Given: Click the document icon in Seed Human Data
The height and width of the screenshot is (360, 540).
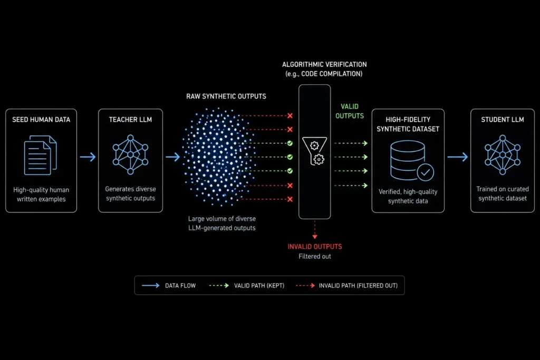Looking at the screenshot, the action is tap(40, 155).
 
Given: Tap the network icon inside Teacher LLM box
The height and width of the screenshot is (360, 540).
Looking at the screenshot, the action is tap(131, 154).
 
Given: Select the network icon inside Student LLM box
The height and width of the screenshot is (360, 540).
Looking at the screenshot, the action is tap(503, 154).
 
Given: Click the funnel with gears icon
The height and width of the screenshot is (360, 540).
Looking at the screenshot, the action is tap(315, 151).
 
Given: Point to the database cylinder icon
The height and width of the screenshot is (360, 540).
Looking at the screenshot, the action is tap(408, 160).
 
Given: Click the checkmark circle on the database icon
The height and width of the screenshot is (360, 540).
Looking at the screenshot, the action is tap(426, 172).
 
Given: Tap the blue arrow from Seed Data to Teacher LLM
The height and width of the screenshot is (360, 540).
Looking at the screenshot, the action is tap(88, 157).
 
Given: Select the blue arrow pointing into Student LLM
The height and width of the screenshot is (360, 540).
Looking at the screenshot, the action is tap(458, 157).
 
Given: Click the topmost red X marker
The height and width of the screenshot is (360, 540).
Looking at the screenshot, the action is tap(290, 115).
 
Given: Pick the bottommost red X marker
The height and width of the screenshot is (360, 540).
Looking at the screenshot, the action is tap(290, 199).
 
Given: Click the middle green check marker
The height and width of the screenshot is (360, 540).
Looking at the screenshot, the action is tap(290, 157).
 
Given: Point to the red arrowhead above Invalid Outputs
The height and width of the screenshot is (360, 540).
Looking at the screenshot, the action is tap(315, 237).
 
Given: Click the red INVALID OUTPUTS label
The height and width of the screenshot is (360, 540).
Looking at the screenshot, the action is tap(315, 247).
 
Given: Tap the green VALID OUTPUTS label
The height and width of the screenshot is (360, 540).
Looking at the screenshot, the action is tap(350, 111).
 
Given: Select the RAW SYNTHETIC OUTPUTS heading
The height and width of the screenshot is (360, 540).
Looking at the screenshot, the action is tap(226, 96).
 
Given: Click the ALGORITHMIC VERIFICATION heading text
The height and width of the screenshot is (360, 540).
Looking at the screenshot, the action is tap(324, 64).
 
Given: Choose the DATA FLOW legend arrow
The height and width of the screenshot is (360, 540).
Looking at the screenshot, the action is tap(151, 285).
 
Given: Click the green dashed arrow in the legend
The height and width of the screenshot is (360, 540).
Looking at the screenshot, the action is tap(219, 285).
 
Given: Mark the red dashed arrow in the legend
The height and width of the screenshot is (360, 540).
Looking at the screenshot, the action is tap(305, 285).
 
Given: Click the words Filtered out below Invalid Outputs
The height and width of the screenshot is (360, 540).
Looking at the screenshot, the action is tap(315, 256).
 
